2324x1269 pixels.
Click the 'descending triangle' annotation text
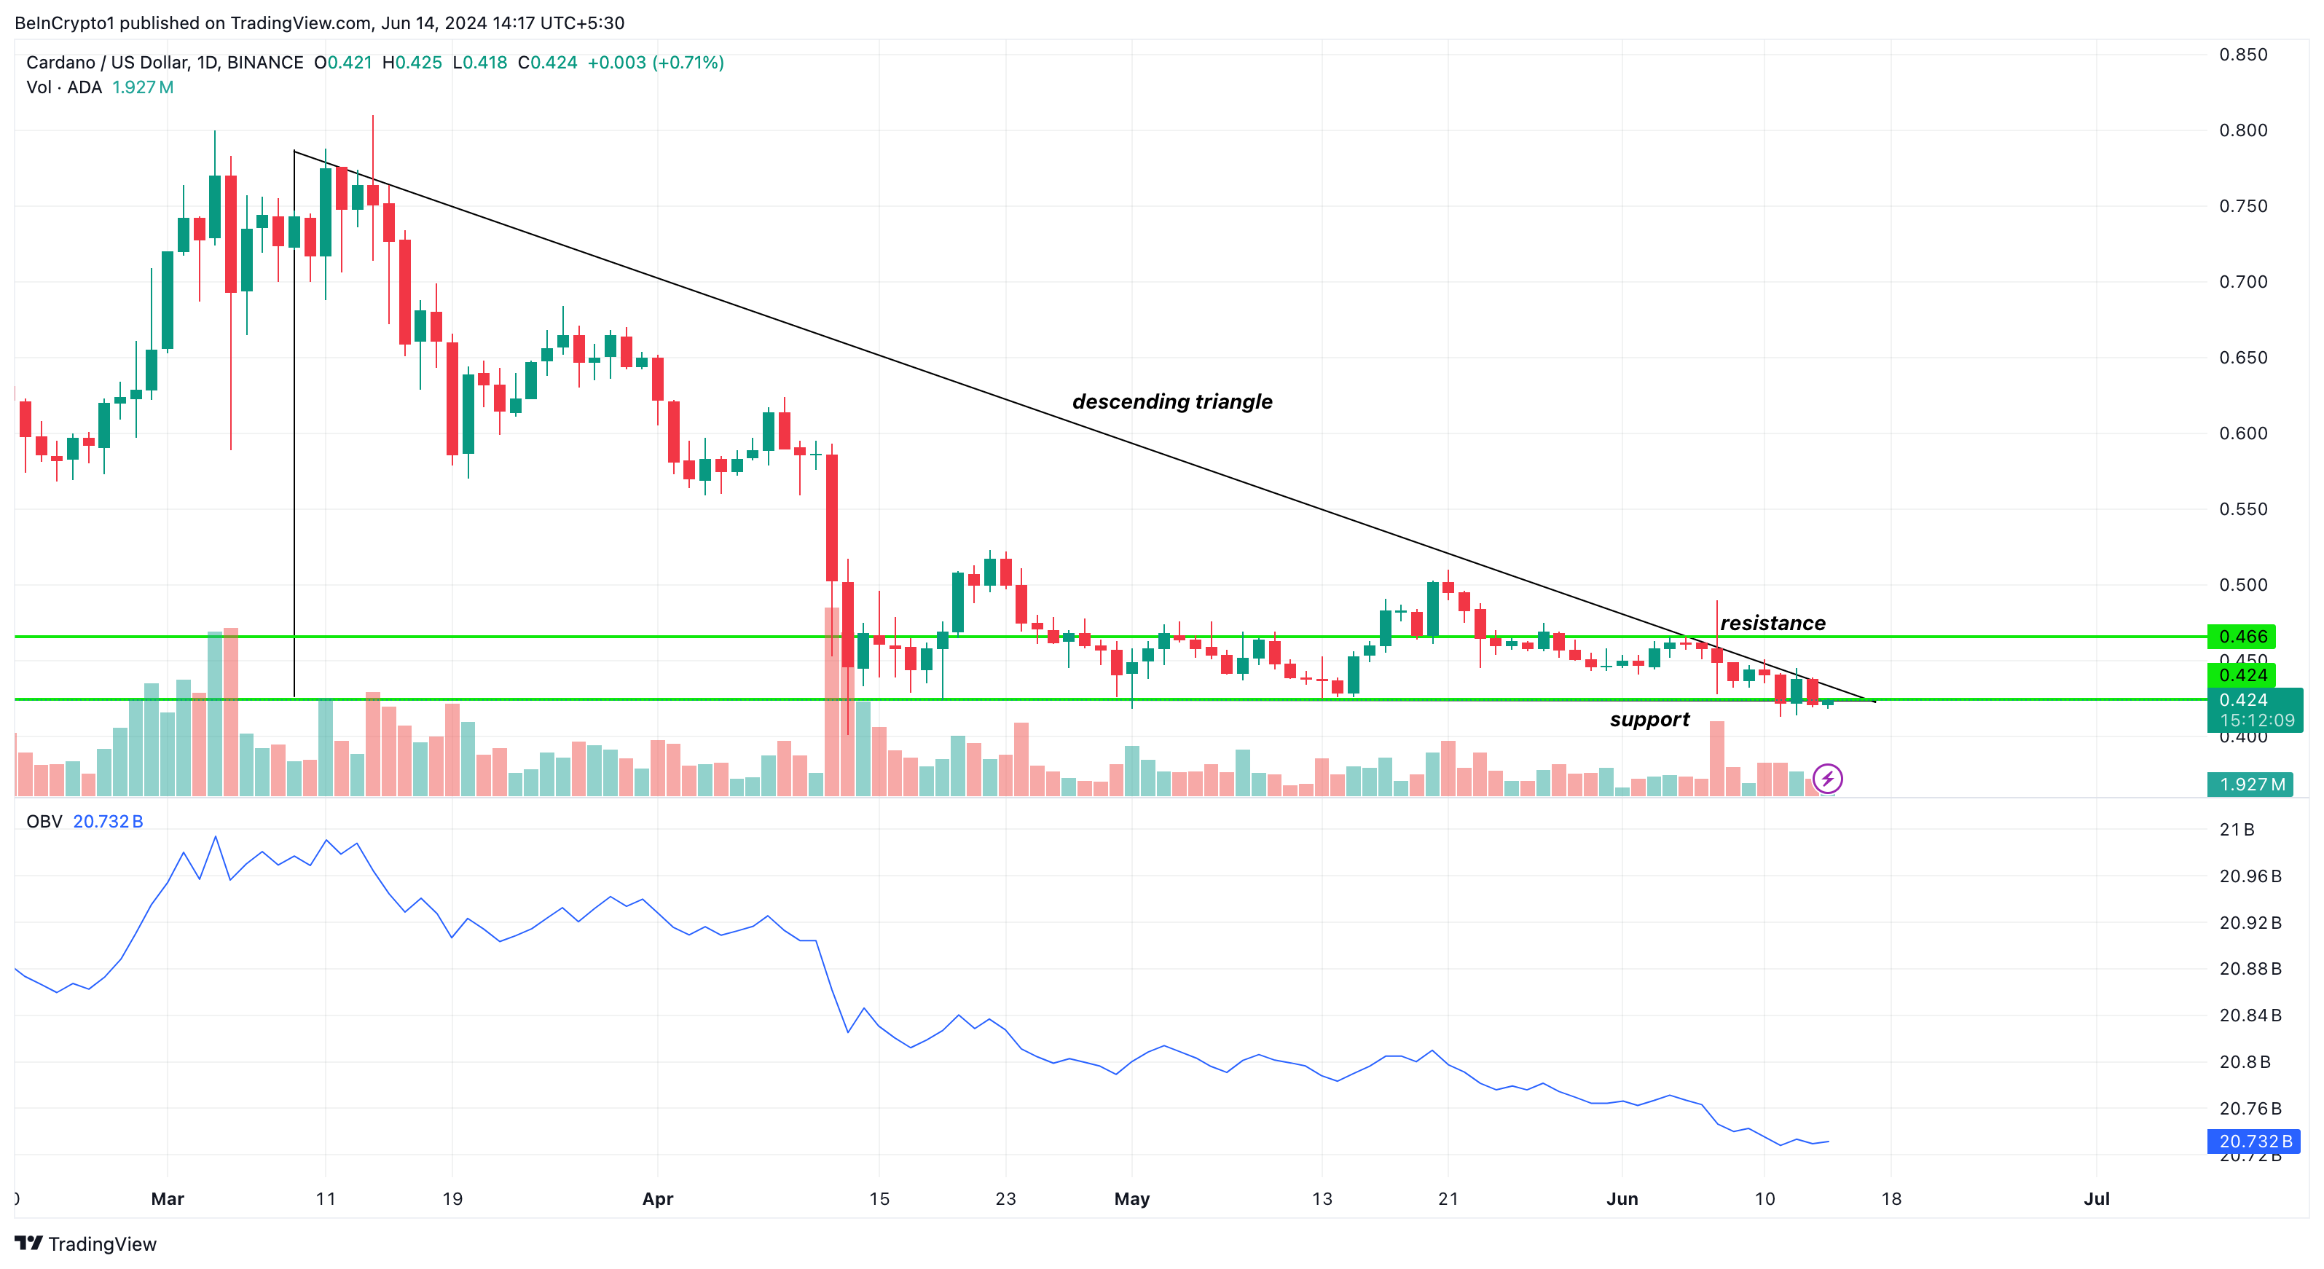[1172, 401]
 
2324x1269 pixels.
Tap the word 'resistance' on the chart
[1772, 624]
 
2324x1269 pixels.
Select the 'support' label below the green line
[1649, 720]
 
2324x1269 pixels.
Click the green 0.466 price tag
[2241, 637]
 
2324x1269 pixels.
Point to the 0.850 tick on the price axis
[2243, 55]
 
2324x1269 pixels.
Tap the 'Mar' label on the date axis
[168, 1198]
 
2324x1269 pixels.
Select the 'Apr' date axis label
[658, 1198]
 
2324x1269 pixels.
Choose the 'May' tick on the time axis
[1131, 1198]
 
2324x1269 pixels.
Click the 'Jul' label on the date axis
[2096, 1198]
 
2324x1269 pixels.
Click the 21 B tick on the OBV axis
[2237, 830]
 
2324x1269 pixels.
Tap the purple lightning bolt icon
[1827, 778]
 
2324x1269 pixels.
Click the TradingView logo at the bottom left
[86, 1244]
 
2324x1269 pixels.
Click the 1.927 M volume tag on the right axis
[2252, 785]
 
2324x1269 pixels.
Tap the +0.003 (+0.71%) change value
[655, 62]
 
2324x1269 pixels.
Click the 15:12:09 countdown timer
[2256, 720]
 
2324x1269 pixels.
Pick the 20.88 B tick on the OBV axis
[2249, 969]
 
